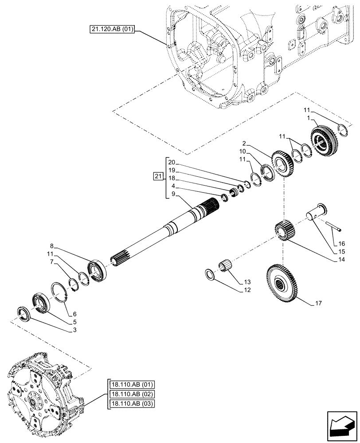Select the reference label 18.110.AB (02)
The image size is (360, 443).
pos(129,393)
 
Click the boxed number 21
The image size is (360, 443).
pos(158,177)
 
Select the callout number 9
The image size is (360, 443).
pos(174,194)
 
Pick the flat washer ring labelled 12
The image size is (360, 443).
pos(210,274)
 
